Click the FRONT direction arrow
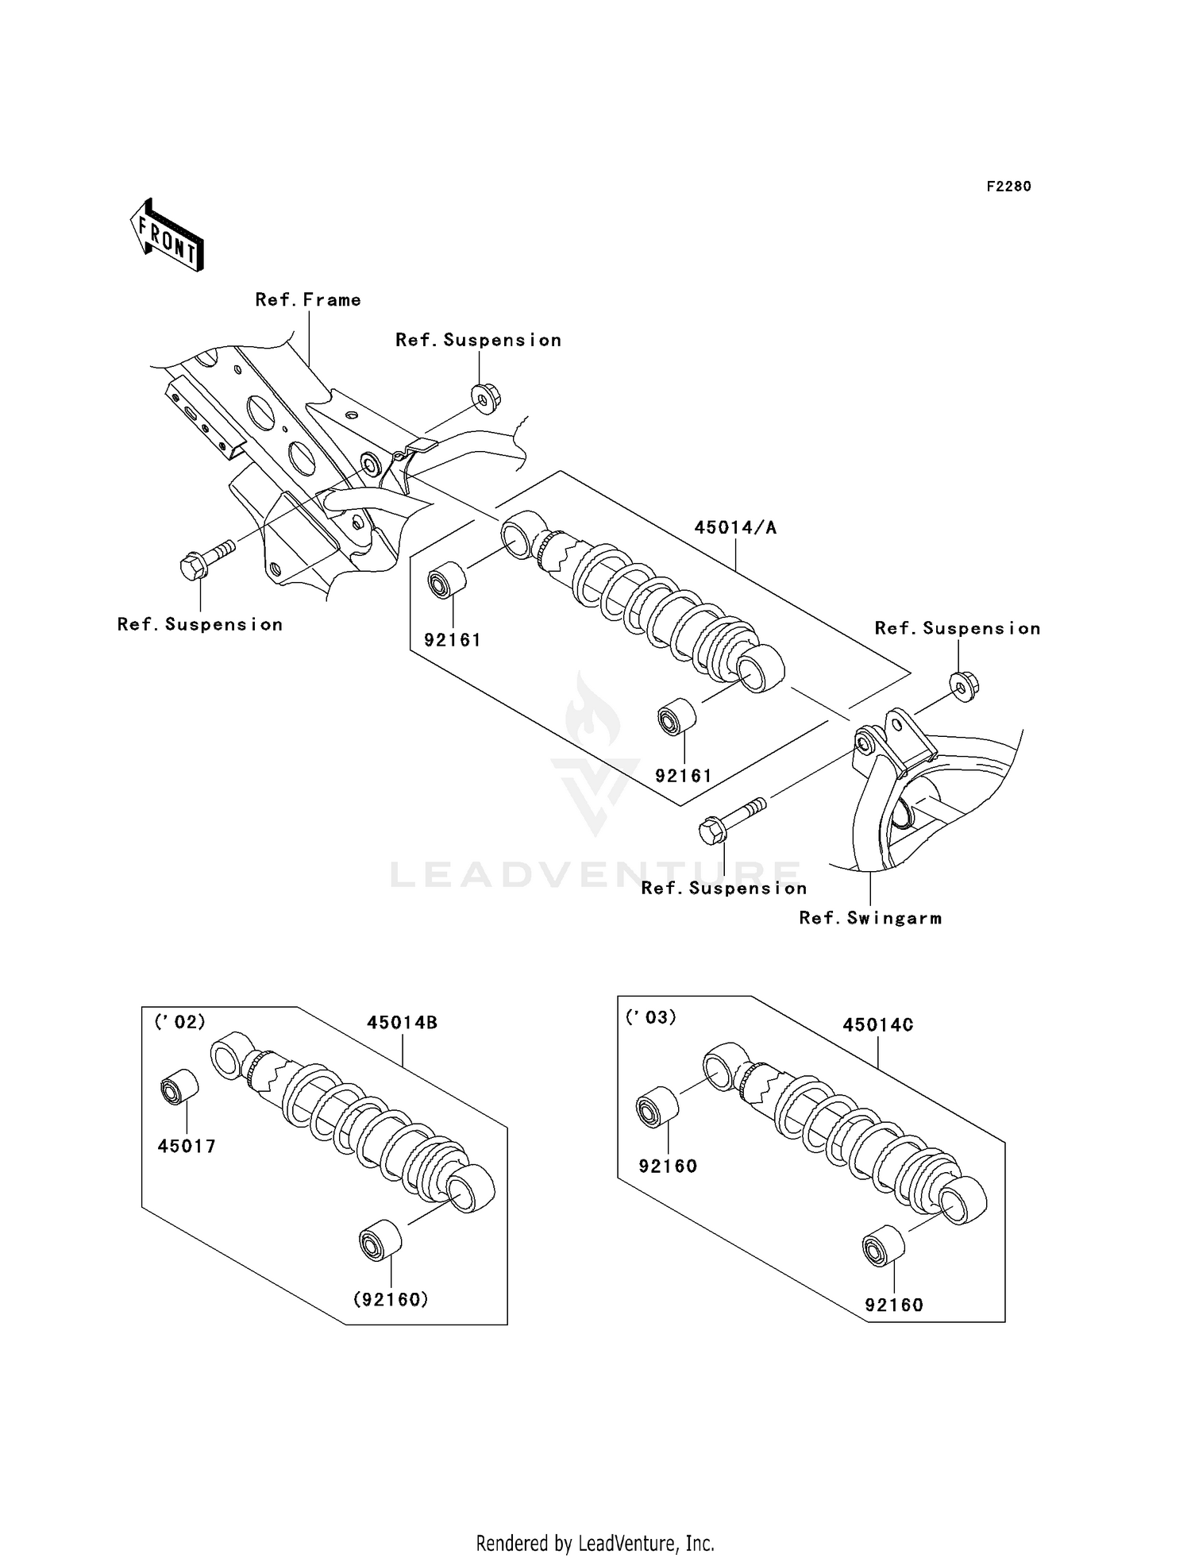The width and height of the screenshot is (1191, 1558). (168, 237)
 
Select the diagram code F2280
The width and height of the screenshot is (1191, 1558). (1008, 187)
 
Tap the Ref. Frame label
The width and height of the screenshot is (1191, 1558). (308, 300)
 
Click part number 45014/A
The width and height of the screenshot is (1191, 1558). (735, 527)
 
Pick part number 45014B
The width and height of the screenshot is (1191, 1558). (402, 1023)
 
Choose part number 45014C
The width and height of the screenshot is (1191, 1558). (877, 1025)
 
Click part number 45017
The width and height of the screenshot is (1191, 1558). (187, 1146)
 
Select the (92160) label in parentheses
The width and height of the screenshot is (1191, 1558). (391, 1299)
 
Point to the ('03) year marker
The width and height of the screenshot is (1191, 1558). (650, 1017)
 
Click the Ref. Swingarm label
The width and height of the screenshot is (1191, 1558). (870, 918)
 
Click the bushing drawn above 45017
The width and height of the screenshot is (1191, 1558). (179, 1086)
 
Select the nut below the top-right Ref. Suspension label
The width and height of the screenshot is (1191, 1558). (964, 686)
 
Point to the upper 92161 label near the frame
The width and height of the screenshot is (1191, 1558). (453, 640)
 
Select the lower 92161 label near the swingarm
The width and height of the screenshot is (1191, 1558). (683, 776)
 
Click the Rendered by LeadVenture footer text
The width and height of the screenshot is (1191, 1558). (595, 1543)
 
